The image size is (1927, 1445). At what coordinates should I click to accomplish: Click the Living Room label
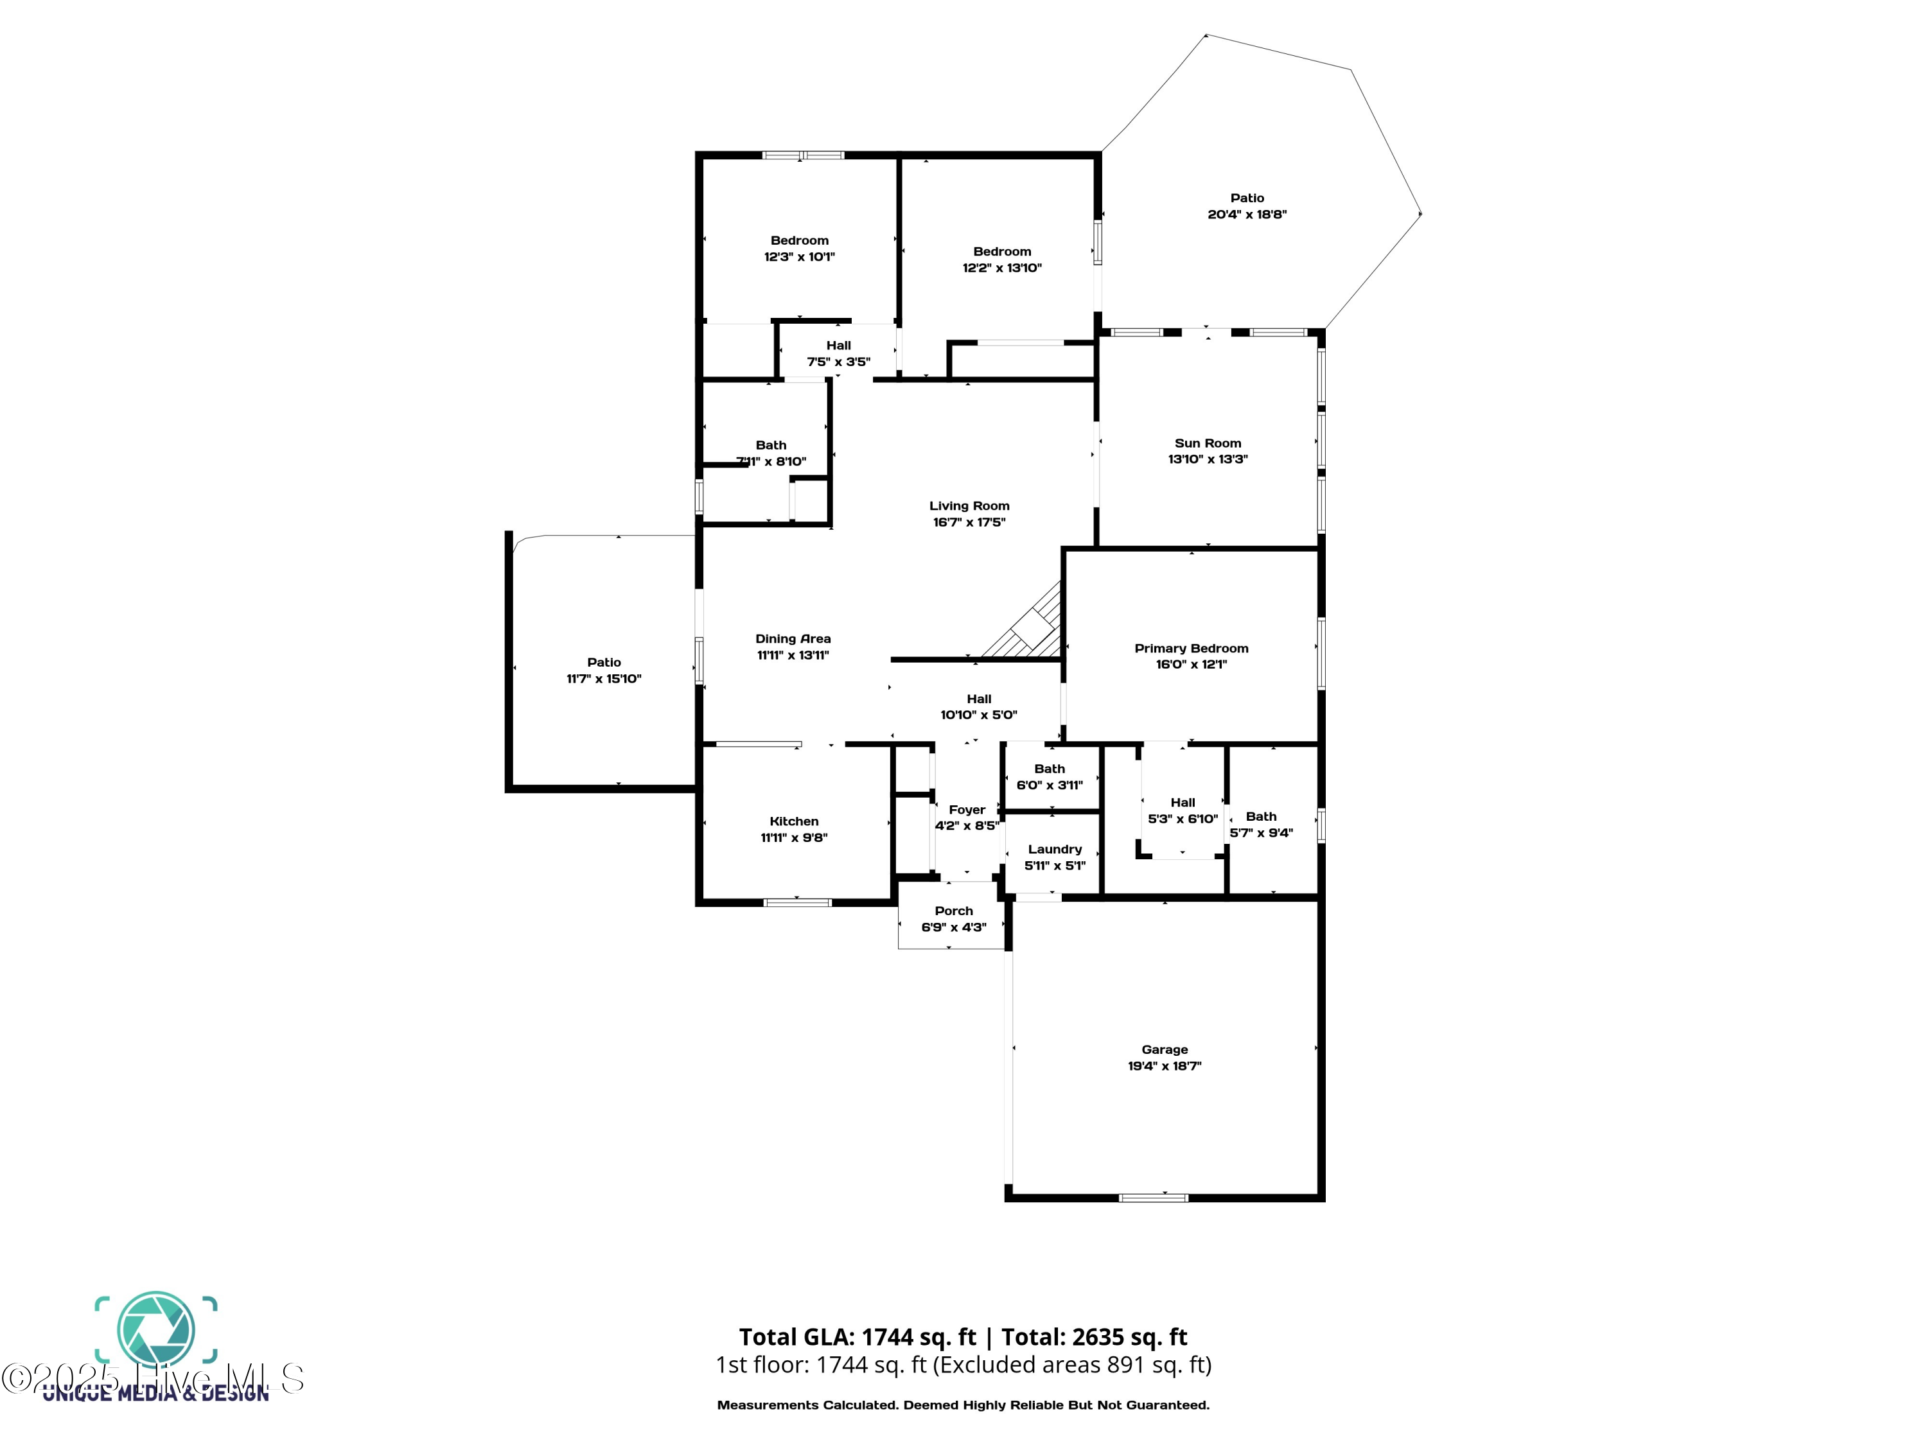coord(969,506)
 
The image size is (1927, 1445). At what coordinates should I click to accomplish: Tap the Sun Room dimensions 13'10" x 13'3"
coord(1208,459)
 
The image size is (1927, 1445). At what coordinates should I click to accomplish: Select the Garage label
coord(1164,1049)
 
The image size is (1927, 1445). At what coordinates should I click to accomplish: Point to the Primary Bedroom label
coord(1191,648)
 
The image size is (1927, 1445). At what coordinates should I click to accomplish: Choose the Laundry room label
coord(1054,849)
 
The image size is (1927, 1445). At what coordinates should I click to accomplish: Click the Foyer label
coord(966,810)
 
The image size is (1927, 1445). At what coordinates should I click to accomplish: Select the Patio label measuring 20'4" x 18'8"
coord(1247,198)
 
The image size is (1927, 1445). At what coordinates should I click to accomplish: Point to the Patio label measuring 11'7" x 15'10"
coord(604,663)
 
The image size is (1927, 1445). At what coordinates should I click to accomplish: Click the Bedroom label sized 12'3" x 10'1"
coord(799,240)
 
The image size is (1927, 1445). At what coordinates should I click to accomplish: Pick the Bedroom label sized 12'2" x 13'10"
coord(1002,252)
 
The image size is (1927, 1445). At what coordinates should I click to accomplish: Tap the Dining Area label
coord(793,639)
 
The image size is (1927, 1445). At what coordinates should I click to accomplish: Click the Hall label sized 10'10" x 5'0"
coord(978,699)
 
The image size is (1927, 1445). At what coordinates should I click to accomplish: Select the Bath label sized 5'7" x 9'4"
coord(1260,817)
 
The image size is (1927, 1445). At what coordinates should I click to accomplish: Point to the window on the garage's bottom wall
coord(1152,1198)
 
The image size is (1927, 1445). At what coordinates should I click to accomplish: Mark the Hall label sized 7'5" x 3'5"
coord(838,346)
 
